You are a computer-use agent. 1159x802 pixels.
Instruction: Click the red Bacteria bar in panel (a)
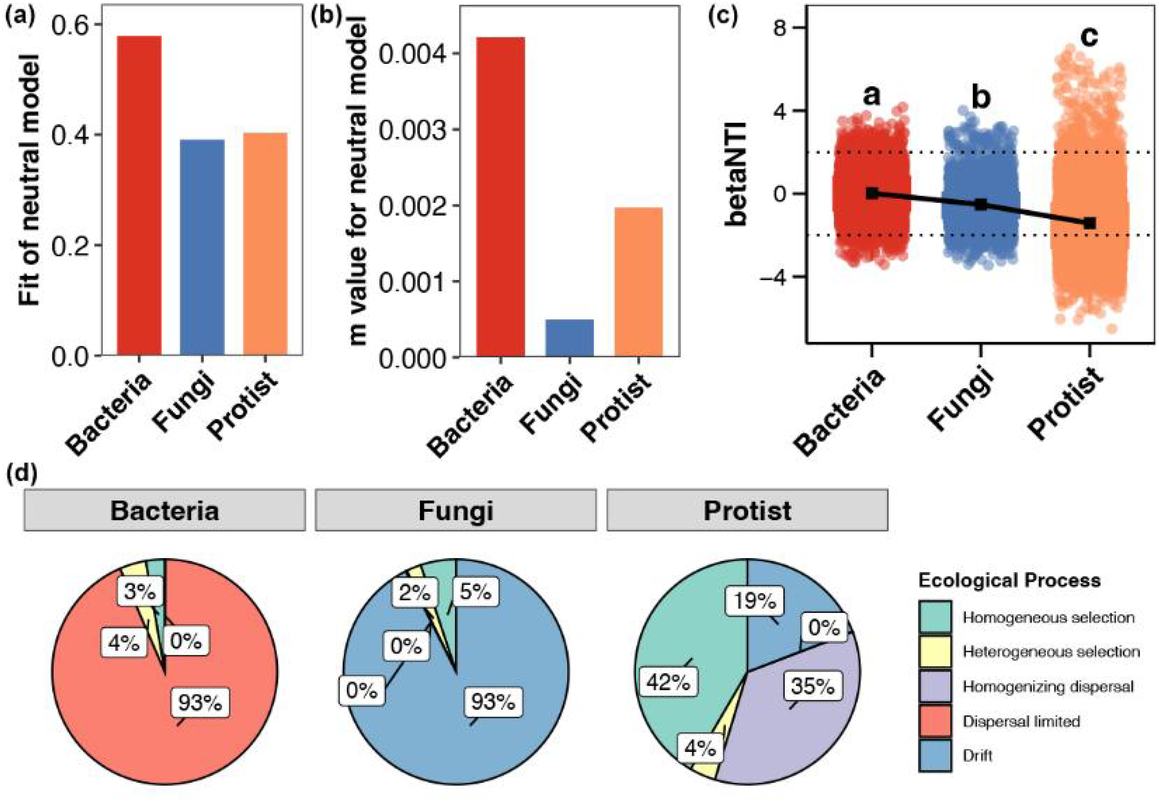click(139, 196)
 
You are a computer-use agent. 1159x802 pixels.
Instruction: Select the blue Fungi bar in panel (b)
click(569, 337)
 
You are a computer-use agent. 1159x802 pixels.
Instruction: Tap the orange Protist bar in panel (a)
click(265, 244)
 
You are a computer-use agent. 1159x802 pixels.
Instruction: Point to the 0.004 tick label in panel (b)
click(412, 54)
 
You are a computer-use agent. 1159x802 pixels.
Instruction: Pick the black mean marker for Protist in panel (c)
click(1089, 223)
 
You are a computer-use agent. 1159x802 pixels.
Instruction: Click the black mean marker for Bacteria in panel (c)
click(872, 193)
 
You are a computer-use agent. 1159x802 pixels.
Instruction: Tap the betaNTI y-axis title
click(736, 173)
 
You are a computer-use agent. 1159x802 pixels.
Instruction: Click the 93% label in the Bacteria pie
click(200, 702)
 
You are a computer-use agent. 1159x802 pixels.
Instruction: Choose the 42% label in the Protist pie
click(668, 682)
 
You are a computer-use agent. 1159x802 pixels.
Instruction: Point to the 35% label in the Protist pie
click(812, 686)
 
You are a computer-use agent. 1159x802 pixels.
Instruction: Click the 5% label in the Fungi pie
click(475, 592)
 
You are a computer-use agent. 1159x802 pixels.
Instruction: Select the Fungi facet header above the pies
click(455, 510)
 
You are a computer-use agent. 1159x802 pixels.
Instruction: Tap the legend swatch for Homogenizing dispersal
click(935, 687)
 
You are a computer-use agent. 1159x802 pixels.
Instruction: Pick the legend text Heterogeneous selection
click(1051, 652)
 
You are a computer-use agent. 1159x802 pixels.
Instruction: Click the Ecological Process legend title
click(1009, 580)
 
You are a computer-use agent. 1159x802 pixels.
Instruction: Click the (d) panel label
click(21, 474)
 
